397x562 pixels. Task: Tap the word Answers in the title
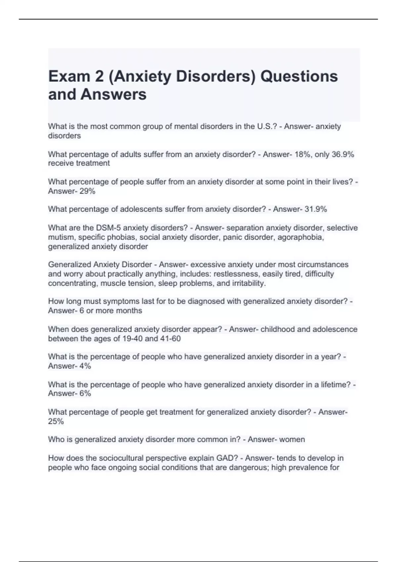pyautogui.click(x=113, y=94)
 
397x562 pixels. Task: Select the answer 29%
pyautogui.click(x=87, y=191)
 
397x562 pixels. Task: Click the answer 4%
pyautogui.click(x=85, y=366)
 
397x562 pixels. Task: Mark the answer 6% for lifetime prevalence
pyautogui.click(x=85, y=393)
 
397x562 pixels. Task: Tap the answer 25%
pyautogui.click(x=56, y=421)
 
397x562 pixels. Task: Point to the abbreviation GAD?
pyautogui.click(x=227, y=458)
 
